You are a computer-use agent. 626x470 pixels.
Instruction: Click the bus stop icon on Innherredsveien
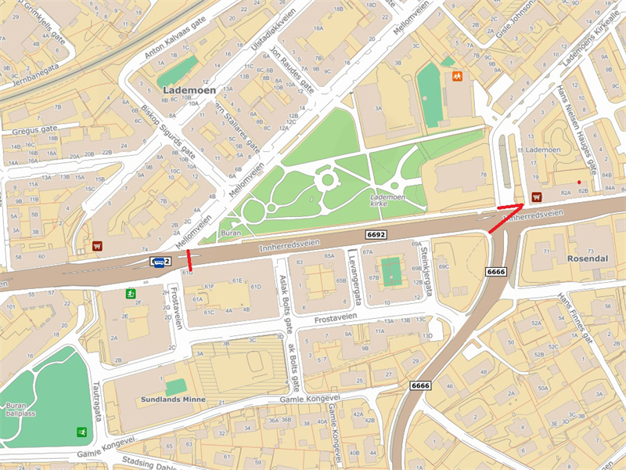[157, 262]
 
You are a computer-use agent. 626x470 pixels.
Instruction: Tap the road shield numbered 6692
[376, 234]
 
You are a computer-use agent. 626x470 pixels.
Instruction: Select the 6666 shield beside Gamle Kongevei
[420, 385]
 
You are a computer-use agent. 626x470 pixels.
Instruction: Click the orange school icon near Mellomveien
[456, 77]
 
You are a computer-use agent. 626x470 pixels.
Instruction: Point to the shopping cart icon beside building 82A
[537, 197]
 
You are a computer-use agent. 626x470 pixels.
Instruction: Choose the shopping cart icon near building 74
[97, 246]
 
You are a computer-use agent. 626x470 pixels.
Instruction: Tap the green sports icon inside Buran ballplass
[81, 432]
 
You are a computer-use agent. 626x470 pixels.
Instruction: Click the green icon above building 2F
[130, 294]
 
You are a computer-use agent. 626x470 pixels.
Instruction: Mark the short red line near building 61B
[189, 259]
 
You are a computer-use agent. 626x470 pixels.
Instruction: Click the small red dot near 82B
[579, 183]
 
